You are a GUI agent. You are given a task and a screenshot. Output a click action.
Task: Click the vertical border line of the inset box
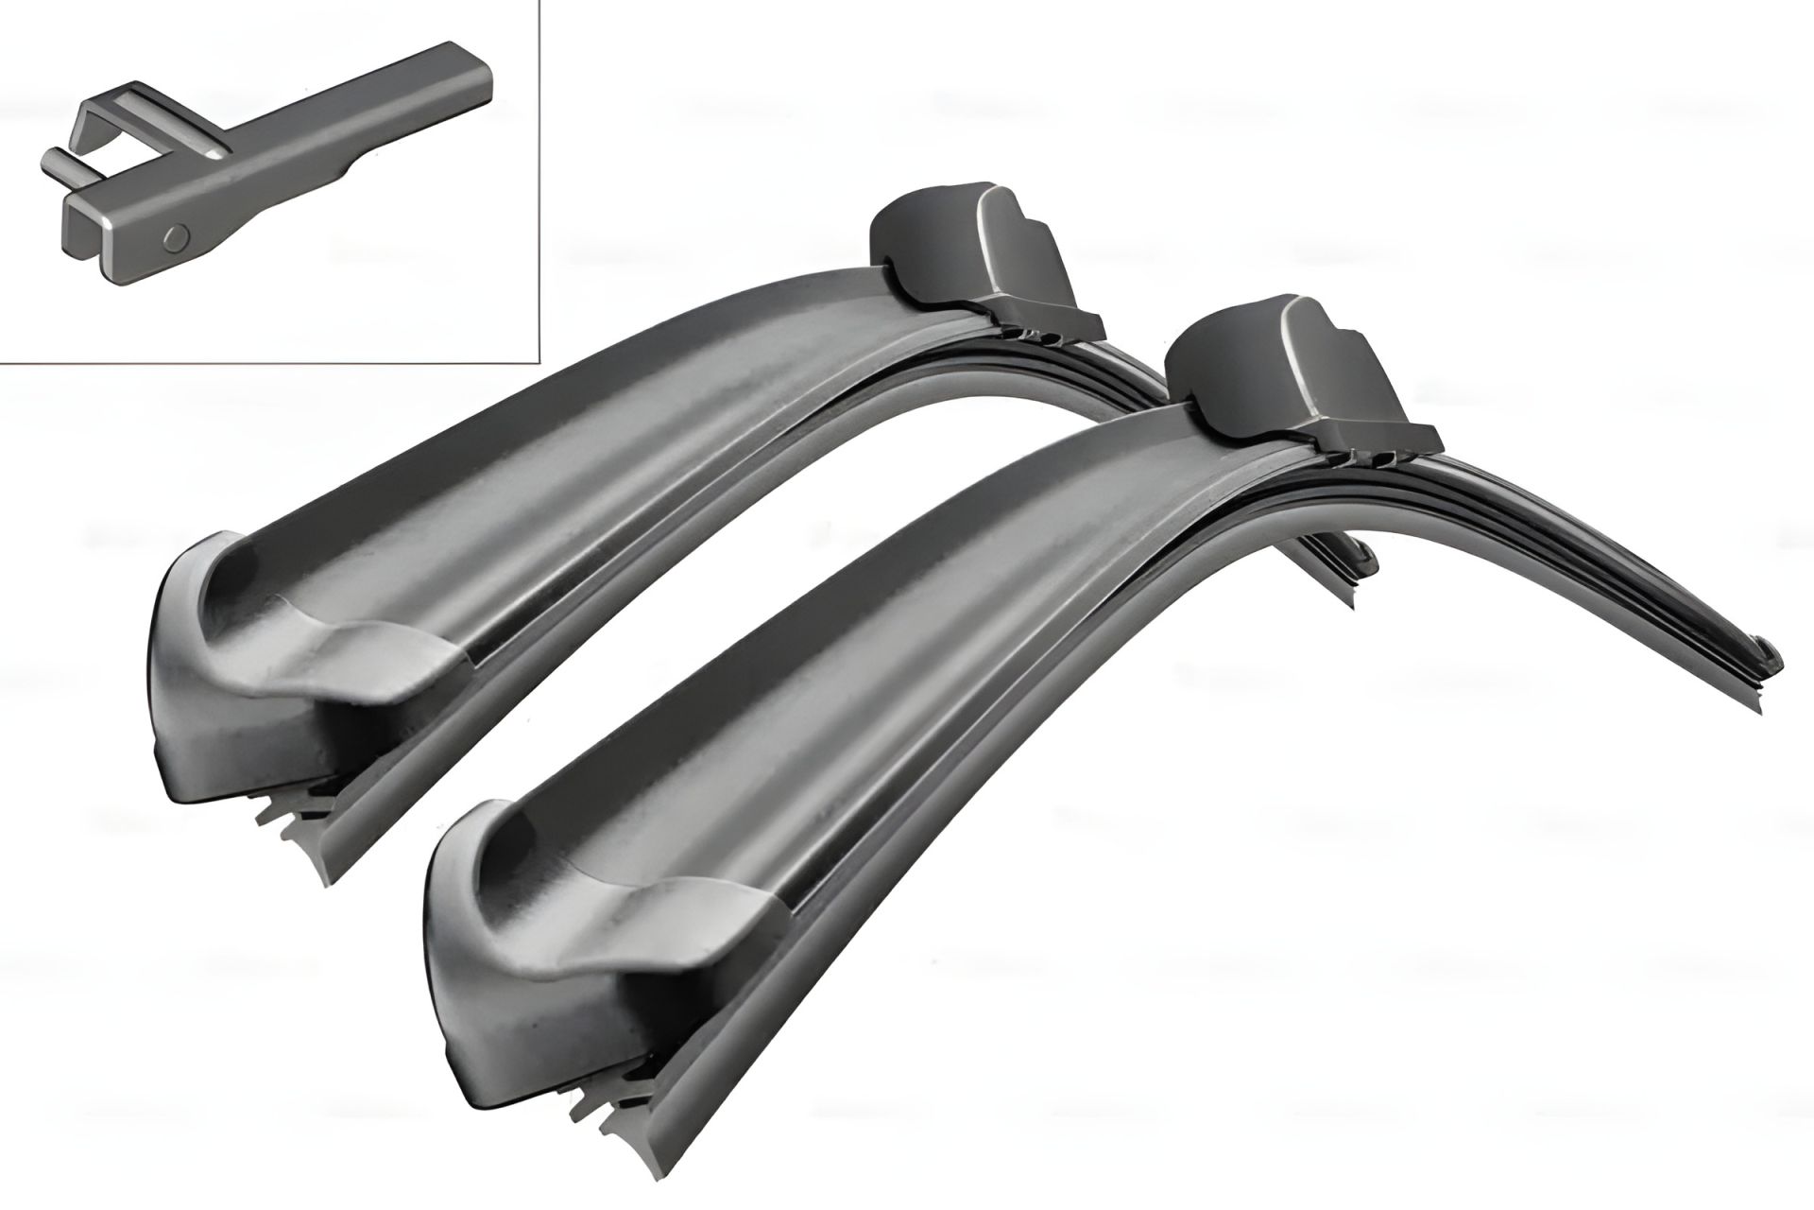point(538,180)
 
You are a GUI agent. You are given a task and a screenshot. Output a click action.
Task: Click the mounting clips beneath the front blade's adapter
point(1370,459)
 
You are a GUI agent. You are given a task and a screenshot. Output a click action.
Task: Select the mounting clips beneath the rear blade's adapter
point(1039,335)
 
